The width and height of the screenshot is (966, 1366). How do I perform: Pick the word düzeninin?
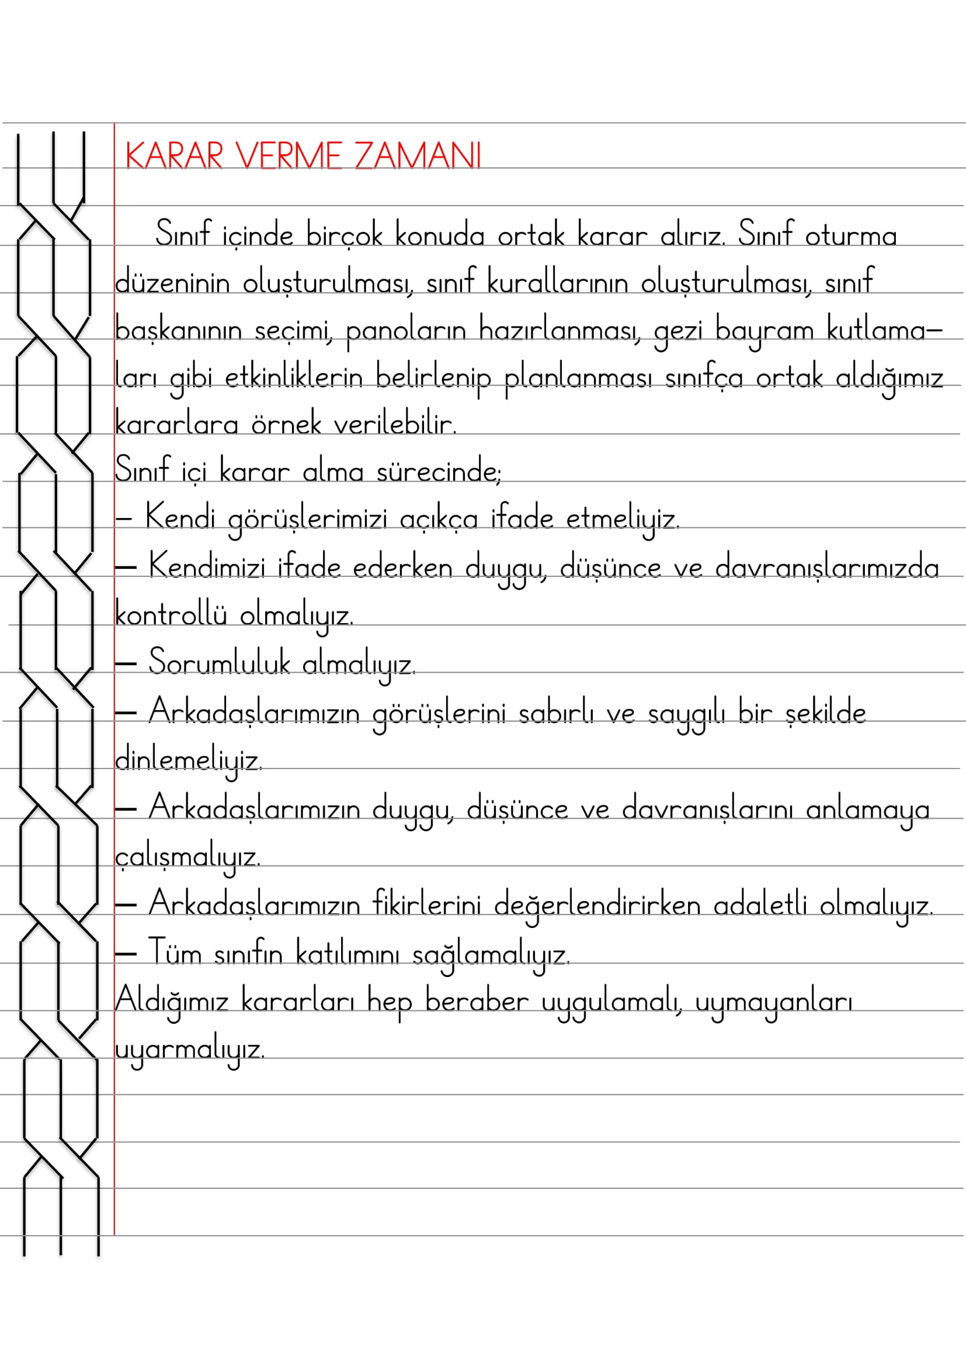172,282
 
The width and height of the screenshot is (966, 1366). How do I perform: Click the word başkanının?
178,330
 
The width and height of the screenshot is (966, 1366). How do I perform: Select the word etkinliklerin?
293,378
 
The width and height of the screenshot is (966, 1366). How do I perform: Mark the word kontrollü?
171,614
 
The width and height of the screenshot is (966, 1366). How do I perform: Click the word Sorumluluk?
219,663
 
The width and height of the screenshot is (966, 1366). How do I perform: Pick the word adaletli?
760,905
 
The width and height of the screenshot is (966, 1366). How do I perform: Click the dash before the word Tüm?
126,954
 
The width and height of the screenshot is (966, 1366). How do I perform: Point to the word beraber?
477,1002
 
